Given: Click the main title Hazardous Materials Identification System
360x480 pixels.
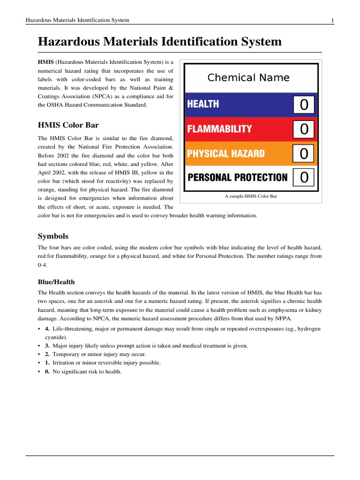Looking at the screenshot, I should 159,42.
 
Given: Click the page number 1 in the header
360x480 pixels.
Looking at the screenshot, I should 332,20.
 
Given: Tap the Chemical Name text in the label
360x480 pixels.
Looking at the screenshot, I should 248,78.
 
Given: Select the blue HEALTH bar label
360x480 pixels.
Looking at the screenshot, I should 203,104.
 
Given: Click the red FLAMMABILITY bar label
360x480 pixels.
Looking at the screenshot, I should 219,129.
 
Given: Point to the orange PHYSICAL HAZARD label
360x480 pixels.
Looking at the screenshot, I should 226,154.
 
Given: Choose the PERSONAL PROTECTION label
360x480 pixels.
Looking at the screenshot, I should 237,178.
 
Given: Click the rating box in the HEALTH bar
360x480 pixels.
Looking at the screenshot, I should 304,105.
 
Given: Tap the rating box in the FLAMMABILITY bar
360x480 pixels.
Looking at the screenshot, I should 304,129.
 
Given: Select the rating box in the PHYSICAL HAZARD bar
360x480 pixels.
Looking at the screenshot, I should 304,153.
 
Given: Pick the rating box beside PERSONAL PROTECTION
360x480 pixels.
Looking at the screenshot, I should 304,177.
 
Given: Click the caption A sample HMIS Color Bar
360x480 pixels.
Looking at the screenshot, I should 251,196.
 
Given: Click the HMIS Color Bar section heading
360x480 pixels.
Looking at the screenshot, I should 68,125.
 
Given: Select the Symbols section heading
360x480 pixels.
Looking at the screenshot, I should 53,236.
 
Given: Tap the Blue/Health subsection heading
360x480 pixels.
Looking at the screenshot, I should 56,282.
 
